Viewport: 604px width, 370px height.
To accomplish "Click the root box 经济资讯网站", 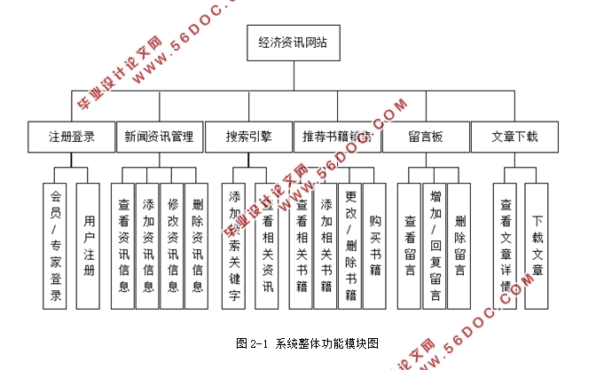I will pos(292,43).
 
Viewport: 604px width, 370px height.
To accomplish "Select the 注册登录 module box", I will pos(71,138).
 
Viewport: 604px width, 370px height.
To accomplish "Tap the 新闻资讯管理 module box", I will pos(160,138).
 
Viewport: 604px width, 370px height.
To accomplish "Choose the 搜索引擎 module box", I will pos(248,138).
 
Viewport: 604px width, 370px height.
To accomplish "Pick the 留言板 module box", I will pos(426,138).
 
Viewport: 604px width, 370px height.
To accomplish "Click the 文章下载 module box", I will pos(515,138).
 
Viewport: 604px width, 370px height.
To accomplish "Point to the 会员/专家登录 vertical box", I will pos(55,245).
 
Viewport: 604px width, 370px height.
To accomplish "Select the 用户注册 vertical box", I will pos(87,245).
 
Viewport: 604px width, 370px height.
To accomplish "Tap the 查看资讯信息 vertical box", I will pos(123,245).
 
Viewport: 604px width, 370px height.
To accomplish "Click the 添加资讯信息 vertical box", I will pos(147,245).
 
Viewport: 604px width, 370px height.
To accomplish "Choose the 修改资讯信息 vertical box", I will pos(172,245).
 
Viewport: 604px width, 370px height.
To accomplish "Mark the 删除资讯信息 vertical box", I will pos(196,245).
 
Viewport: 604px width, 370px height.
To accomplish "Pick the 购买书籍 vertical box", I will pos(374,245).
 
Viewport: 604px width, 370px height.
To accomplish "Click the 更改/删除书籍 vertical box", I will pos(350,245).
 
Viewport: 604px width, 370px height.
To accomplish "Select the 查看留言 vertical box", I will pos(410,245).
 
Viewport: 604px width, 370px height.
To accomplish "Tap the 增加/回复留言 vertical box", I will pos(435,245).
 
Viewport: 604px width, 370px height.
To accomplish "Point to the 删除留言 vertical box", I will pos(459,245).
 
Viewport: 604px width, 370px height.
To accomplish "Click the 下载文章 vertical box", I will pos(537,245).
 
